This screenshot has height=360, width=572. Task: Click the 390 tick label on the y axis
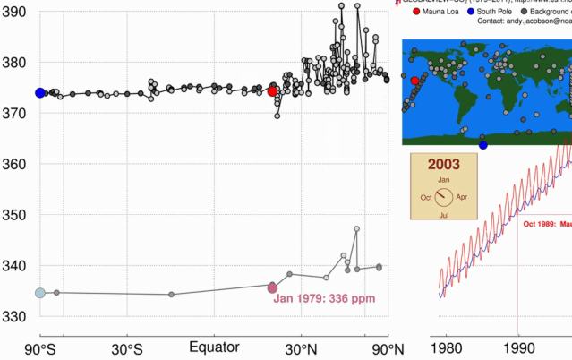coord(15,13)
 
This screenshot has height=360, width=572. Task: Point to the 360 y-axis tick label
coord(15,164)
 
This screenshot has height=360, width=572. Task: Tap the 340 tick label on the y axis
coord(15,266)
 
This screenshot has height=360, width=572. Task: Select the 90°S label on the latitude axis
coord(40,347)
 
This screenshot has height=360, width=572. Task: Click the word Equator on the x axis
coord(214,347)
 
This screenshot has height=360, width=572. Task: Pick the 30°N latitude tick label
coord(301,347)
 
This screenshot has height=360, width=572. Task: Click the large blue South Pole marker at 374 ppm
coord(40,92)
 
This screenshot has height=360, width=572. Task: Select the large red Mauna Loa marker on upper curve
coord(272,91)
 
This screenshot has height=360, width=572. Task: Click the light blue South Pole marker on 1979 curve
coord(40,293)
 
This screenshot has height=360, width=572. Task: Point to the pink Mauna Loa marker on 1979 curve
coord(272,287)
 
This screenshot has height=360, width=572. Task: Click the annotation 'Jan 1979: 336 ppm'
coord(324,299)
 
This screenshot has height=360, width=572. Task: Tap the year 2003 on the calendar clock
coord(444,164)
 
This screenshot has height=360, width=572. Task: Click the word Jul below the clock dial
coord(444,214)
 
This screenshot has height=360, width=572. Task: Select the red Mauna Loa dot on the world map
coord(414,81)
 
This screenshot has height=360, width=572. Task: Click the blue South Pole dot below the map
coord(483,145)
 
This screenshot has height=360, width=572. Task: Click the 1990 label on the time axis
coord(517,347)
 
